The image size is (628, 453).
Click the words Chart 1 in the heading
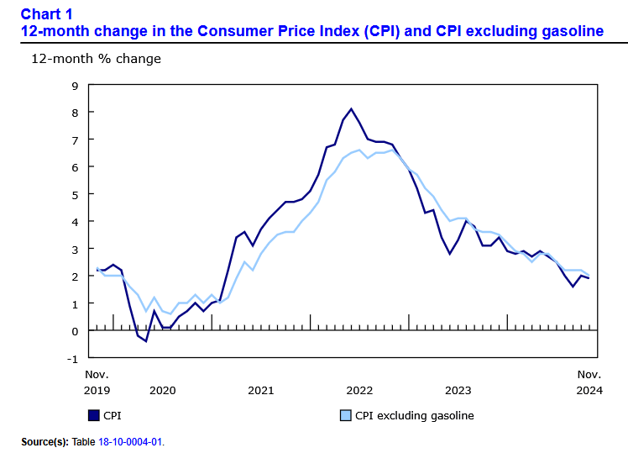47,14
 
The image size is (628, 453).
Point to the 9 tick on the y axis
75,85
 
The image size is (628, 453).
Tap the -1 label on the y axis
73,358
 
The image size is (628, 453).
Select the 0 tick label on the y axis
75,331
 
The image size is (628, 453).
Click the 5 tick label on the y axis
75,194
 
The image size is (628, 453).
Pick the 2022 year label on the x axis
359,390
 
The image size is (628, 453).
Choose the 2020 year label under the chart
161,390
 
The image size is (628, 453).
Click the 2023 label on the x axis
458,390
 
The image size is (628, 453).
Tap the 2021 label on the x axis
260,390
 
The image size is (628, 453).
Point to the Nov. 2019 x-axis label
97,382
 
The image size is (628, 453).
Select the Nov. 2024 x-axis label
589,382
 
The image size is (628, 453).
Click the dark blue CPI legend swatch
93,415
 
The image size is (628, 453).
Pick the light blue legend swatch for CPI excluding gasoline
344,415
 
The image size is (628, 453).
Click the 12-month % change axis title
96,59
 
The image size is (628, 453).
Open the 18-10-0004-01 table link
131,441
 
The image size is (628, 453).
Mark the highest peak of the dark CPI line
351,108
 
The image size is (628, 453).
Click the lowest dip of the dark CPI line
145,341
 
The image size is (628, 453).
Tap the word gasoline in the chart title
568,32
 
